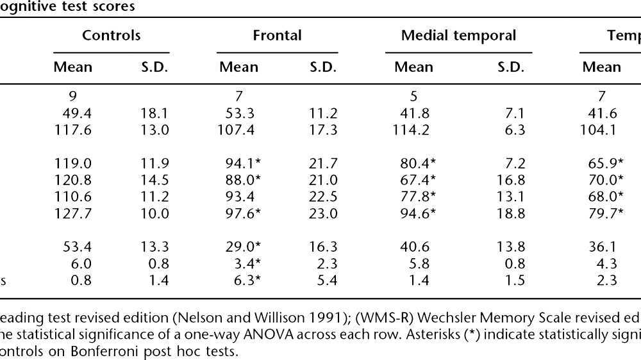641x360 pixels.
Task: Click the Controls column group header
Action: click(111, 35)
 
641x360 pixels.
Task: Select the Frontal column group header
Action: click(277, 35)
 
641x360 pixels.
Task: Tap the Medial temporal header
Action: click(458, 35)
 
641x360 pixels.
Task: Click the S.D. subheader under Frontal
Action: click(324, 67)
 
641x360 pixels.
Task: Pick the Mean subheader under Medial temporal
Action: click(413, 67)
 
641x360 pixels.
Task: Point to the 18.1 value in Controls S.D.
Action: click(154, 113)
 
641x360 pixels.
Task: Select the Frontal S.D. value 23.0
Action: click(324, 213)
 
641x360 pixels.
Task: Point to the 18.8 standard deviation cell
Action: click(511, 213)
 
